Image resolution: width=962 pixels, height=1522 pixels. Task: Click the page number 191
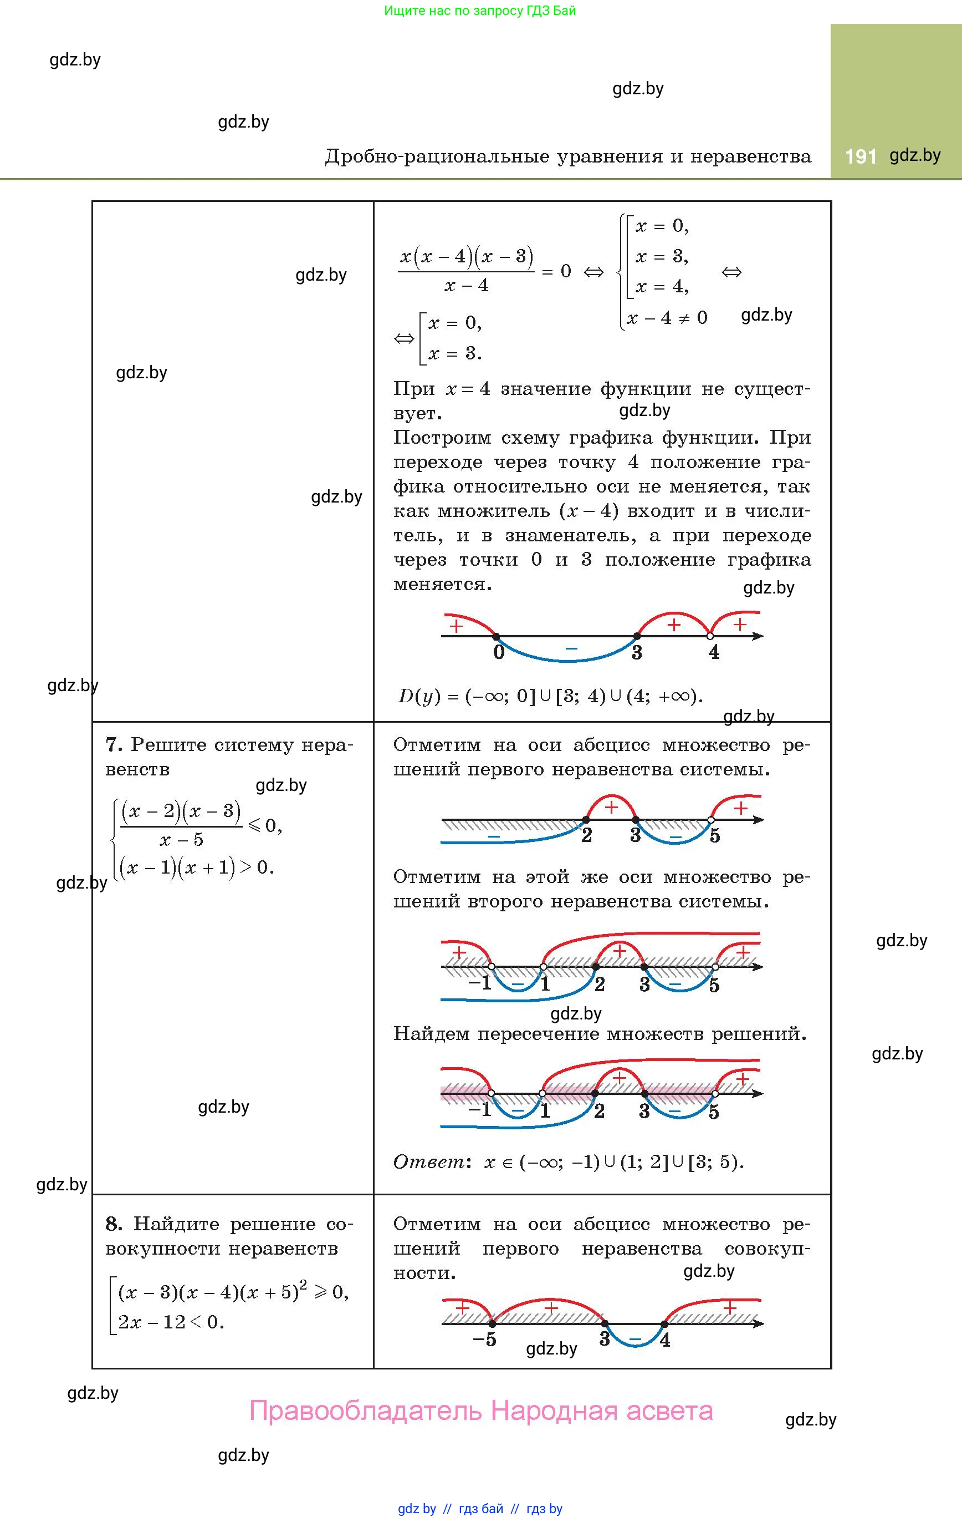tap(860, 156)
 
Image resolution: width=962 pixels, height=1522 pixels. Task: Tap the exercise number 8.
tap(113, 1224)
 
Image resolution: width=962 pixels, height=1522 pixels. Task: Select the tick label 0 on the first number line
tap(499, 652)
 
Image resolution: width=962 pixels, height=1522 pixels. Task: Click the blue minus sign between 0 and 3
tap(571, 648)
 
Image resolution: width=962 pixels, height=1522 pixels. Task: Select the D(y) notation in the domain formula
tap(418, 697)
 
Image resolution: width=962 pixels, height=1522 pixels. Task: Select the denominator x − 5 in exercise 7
tap(181, 840)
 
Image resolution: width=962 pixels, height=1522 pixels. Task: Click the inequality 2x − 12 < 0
tap(171, 1322)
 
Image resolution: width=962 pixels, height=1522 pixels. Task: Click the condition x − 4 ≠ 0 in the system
tap(667, 317)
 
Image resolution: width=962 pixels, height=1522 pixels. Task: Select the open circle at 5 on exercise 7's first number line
tap(710, 820)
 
